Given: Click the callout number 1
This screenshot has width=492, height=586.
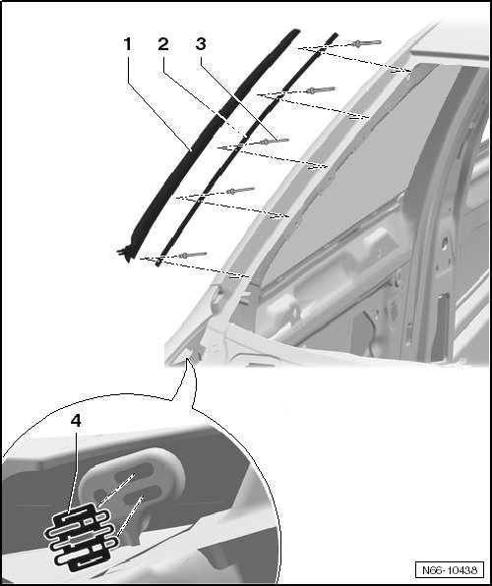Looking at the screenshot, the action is pyautogui.click(x=128, y=44).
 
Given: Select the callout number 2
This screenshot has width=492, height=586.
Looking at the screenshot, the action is pyautogui.click(x=163, y=44).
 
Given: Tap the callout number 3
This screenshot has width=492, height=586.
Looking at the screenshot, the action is pyautogui.click(x=201, y=44).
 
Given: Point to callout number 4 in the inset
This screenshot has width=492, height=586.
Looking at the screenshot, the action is pyautogui.click(x=76, y=421).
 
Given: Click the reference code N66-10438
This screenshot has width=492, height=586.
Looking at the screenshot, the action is pyautogui.click(x=450, y=570).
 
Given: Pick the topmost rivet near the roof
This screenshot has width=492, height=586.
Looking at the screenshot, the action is pyautogui.click(x=366, y=43).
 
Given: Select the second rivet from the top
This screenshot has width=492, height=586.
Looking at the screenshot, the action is pyautogui.click(x=320, y=90).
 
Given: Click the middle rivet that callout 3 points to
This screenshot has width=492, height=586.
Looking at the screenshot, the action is pyautogui.click(x=275, y=142).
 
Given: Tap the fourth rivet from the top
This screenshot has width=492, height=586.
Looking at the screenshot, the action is pyautogui.click(x=240, y=191).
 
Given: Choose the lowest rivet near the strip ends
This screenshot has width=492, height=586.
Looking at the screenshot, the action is pyautogui.click(x=192, y=256).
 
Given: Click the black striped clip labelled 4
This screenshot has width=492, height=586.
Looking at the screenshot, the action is pyautogui.click(x=78, y=536).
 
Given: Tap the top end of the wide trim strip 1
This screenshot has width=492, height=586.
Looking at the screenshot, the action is pyautogui.click(x=295, y=31).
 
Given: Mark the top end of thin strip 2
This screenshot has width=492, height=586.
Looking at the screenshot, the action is pyautogui.click(x=336, y=34).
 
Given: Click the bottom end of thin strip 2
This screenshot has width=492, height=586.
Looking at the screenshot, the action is pyautogui.click(x=158, y=263).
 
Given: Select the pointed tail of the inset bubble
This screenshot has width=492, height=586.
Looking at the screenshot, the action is pyautogui.click(x=187, y=359).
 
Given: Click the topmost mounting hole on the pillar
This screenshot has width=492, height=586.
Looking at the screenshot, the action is pyautogui.click(x=409, y=79).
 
